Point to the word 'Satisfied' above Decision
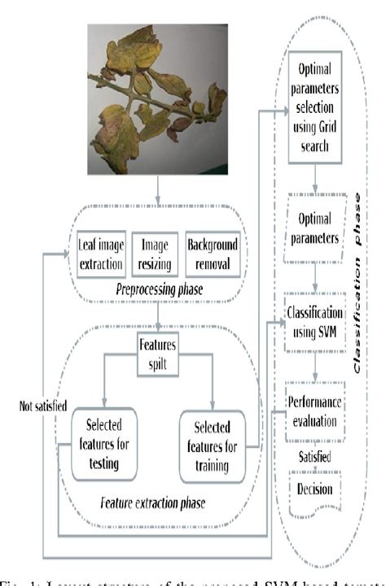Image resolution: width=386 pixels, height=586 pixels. [x=314, y=458]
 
